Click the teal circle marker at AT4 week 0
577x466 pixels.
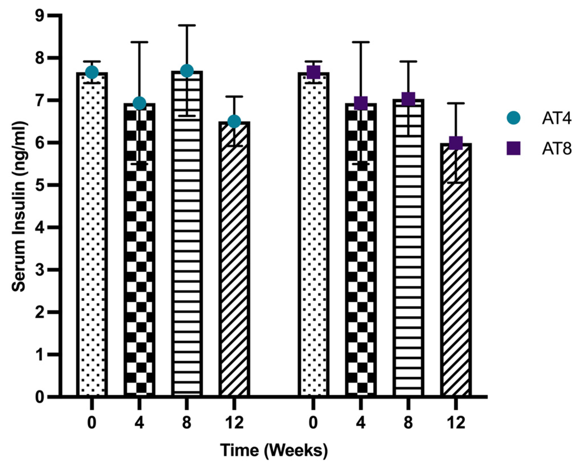pyautogui.click(x=92, y=72)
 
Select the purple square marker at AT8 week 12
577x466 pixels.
pyautogui.click(x=456, y=142)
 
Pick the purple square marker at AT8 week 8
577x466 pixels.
pyautogui.click(x=408, y=98)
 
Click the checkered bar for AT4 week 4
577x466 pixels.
pyautogui.click(x=139, y=257)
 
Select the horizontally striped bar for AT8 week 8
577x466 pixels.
pyautogui.click(x=408, y=257)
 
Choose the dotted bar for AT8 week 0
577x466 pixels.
pyautogui.click(x=313, y=243)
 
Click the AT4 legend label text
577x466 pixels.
pyautogui.click(x=556, y=118)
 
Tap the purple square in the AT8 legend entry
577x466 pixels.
pyautogui.click(x=513, y=148)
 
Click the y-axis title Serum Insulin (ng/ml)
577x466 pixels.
pyautogui.click(x=19, y=207)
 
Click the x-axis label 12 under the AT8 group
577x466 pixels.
pyautogui.click(x=456, y=423)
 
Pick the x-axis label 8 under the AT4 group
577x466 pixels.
pyautogui.click(x=187, y=423)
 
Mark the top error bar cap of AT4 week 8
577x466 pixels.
pyautogui.click(x=187, y=25)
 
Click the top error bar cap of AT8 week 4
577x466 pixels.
pyautogui.click(x=361, y=42)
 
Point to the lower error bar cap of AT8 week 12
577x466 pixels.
pyautogui.click(x=456, y=182)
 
